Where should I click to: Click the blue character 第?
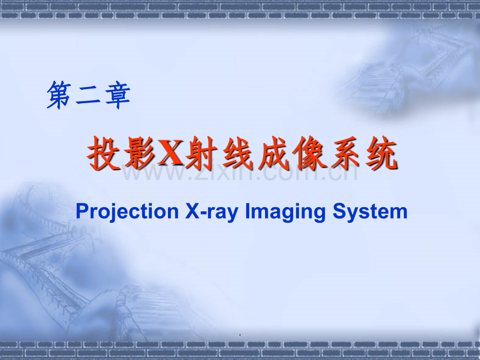click(59, 95)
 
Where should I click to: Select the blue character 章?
click(117, 95)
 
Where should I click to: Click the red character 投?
click(103, 153)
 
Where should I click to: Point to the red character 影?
click(139, 153)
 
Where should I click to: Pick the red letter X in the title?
click(171, 152)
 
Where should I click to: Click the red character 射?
click(201, 153)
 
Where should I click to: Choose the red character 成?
click(274, 153)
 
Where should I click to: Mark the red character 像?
click(310, 153)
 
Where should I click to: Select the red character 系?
click(346, 153)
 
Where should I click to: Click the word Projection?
click(127, 212)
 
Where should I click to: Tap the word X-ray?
click(212, 212)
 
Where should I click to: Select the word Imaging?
click(285, 212)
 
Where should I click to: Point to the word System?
click(370, 212)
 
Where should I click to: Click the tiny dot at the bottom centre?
click(240, 335)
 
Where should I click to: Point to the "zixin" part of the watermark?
click(223, 172)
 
